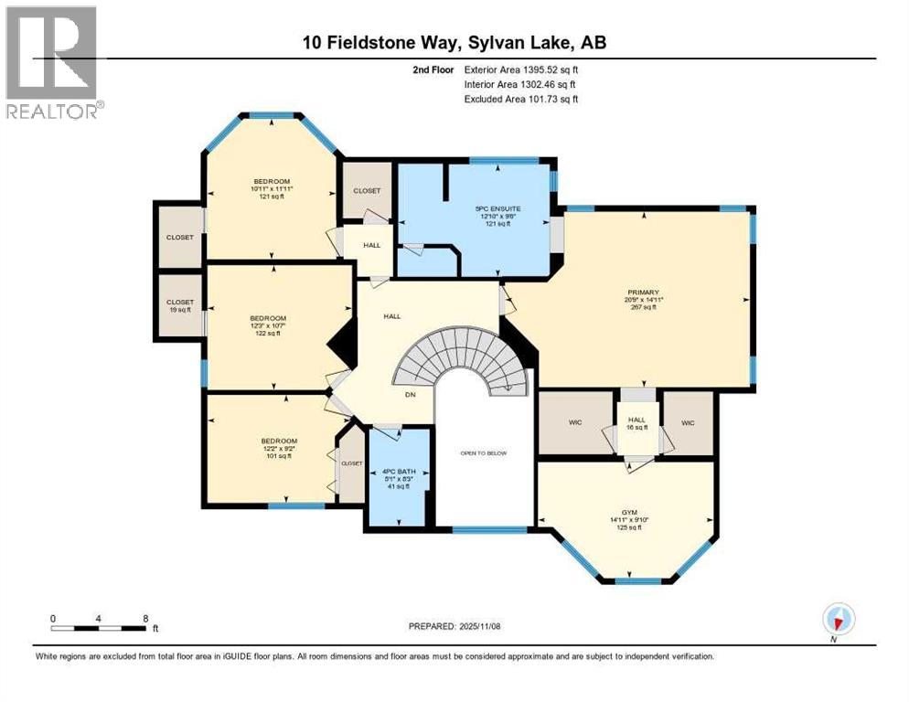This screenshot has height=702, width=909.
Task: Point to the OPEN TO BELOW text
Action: (x=483, y=453)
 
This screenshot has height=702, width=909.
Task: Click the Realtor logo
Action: (x=53, y=61)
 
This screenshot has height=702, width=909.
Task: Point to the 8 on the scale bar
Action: (x=145, y=617)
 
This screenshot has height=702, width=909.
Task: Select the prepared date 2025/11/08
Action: (x=454, y=626)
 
